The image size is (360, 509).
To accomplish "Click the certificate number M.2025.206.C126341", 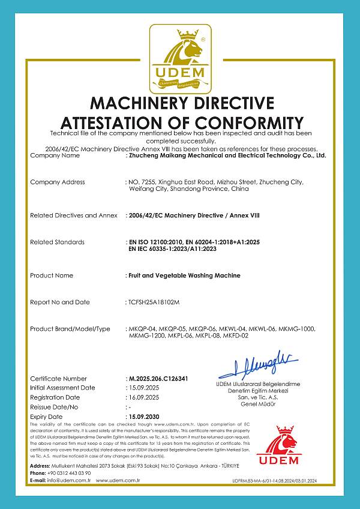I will pos(158,379).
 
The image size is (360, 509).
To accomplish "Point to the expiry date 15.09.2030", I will pos(145,417).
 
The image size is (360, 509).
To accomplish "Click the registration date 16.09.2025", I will pos(145,397).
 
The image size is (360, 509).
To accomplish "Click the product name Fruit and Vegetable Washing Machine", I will pos(184,276).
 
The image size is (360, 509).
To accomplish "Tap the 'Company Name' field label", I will pos(55,155).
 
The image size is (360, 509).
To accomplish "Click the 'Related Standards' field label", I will pos(57,242).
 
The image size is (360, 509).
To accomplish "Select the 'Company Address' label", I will pos(58,182).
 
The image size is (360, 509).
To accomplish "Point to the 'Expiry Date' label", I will pos(46,417).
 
